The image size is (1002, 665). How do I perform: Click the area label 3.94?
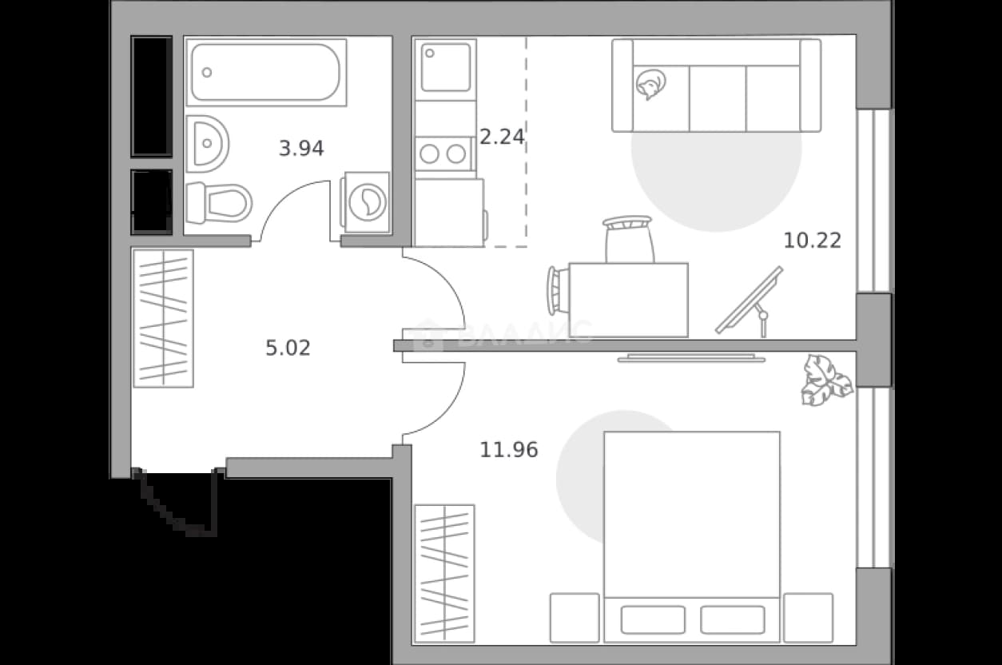point(301,149)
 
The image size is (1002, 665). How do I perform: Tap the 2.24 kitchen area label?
point(502,137)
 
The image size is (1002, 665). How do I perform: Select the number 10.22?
point(813,241)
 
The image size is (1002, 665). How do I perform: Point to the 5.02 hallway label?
point(288,348)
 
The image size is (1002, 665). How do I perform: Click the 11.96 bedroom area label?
point(509,450)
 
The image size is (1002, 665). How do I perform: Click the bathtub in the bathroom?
point(266,73)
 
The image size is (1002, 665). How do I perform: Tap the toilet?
point(219,203)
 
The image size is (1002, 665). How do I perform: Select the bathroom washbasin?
point(207,144)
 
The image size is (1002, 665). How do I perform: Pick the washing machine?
point(365,202)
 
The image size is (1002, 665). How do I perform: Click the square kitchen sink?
point(445,68)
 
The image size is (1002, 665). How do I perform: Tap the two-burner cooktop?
point(443,154)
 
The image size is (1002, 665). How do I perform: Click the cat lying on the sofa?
point(651,84)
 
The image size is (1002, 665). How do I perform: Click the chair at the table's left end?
point(558,290)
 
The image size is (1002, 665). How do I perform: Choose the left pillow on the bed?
point(653,619)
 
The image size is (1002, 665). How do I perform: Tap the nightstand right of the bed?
point(809,618)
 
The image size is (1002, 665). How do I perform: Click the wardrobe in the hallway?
point(163,319)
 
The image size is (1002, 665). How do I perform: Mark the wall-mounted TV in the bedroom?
point(691,357)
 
